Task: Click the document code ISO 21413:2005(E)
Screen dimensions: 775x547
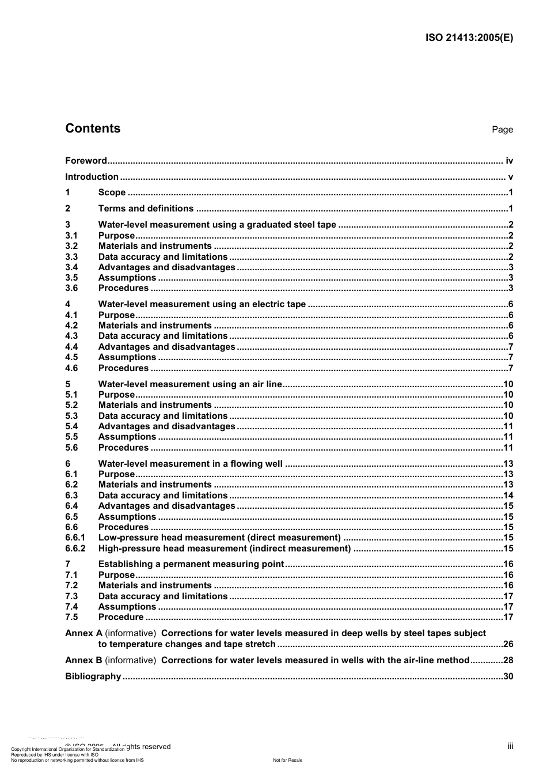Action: [x=469, y=38]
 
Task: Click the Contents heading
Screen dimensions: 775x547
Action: [x=93, y=128]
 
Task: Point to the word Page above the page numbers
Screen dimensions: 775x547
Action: [x=502, y=130]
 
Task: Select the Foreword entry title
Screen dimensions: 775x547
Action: [x=86, y=161]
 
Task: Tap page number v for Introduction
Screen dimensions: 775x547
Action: [x=510, y=177]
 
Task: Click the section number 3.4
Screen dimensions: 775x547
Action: [x=71, y=267]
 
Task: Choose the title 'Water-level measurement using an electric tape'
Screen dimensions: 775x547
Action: [x=202, y=304]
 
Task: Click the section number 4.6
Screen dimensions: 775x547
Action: [x=71, y=368]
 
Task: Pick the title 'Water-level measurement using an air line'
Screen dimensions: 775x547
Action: [x=190, y=384]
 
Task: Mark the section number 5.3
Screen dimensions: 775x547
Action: [x=71, y=416]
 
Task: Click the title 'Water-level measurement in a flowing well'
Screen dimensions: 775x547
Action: [x=191, y=464]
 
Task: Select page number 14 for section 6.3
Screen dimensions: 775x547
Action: [x=508, y=496]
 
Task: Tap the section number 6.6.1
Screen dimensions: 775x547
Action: [x=75, y=538]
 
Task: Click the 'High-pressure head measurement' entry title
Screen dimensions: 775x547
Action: [x=225, y=549]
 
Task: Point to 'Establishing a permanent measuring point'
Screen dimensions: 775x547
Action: [x=191, y=564]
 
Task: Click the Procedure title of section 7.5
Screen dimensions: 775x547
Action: [x=121, y=617]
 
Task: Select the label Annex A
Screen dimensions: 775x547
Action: [x=83, y=633]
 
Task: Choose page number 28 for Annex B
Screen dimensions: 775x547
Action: [x=508, y=660]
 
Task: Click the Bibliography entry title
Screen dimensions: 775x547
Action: [x=93, y=676]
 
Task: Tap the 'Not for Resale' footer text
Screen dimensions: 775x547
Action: [x=287, y=760]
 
